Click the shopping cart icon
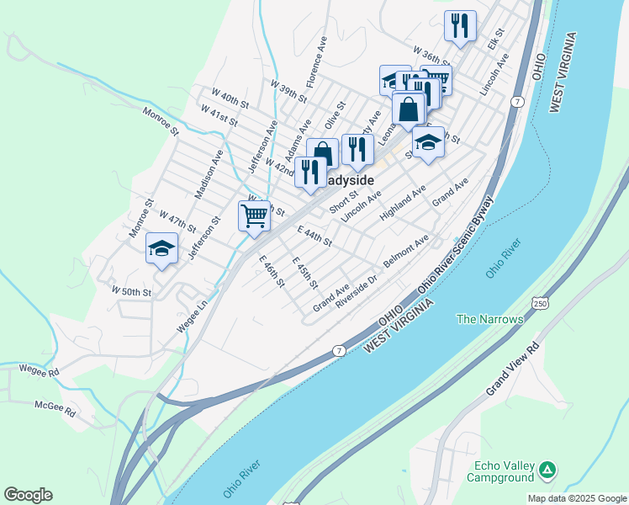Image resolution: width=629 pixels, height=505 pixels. [255, 215]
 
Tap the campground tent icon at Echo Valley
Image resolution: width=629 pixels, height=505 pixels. [547, 468]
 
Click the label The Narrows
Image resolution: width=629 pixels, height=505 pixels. [489, 319]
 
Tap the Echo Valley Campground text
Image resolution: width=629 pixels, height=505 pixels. [504, 471]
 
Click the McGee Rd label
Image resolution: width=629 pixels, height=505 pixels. [55, 410]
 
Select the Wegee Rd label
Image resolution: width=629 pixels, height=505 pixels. [42, 371]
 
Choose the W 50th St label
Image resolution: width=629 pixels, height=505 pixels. [131, 291]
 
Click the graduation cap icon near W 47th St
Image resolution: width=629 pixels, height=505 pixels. [161, 248]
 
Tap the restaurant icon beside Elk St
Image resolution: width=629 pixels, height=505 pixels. [460, 26]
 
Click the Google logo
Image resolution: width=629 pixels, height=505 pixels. [28, 495]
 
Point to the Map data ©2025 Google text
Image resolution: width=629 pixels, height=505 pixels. [577, 498]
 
